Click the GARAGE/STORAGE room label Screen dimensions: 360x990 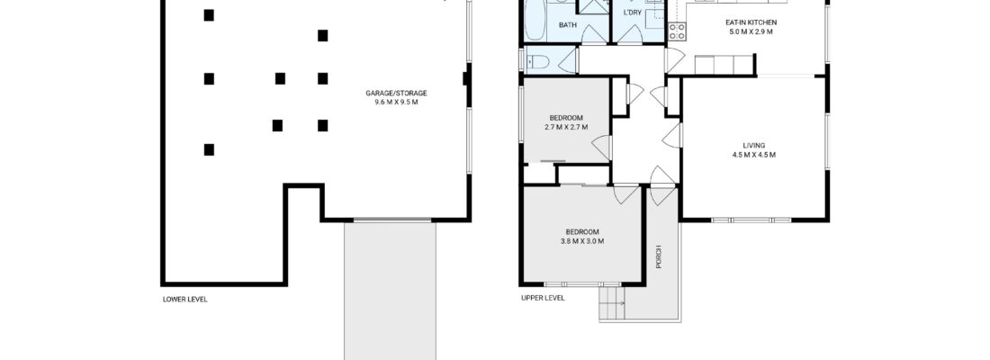tap(396, 94)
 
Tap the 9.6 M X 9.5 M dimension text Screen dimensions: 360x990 tap(396, 103)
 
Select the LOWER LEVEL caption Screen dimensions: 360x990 tap(184, 299)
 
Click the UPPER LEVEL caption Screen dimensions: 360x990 tap(543, 298)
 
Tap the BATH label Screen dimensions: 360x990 tap(567, 25)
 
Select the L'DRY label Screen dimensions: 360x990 tap(633, 13)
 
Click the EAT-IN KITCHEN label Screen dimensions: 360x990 tap(751, 22)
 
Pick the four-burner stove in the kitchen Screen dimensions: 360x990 tap(676, 32)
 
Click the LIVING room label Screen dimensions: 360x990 tap(753, 145)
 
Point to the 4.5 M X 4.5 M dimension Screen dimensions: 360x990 tap(753, 155)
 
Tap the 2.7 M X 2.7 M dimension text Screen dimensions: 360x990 tap(566, 127)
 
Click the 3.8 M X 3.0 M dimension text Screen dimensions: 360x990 tap(581, 241)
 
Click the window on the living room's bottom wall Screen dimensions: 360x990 tap(751, 220)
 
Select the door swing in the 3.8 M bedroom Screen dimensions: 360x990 tap(623, 195)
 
